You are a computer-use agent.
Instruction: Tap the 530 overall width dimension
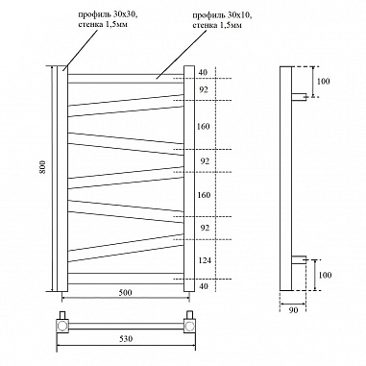(126, 341)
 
